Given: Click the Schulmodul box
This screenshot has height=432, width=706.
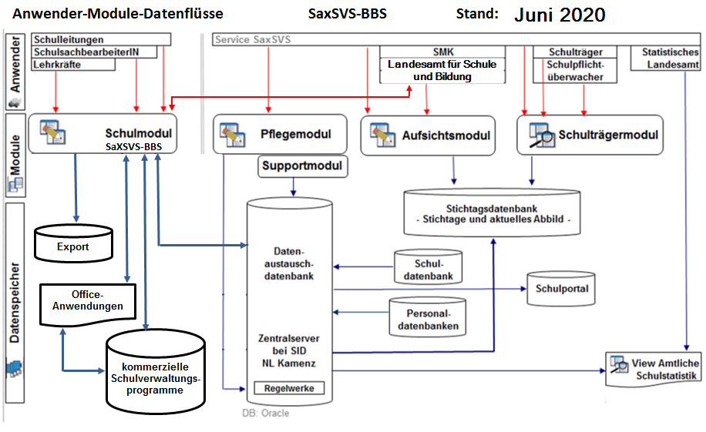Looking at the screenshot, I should click(x=101, y=133).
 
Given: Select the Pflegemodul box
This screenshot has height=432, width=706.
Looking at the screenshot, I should click(x=278, y=134).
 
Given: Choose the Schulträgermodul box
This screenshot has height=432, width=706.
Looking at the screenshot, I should click(x=590, y=135).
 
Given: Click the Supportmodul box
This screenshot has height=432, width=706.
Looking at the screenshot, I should click(x=301, y=166).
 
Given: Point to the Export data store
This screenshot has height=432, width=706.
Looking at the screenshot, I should click(x=73, y=244).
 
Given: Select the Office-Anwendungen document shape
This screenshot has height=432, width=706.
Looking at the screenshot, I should click(x=87, y=300).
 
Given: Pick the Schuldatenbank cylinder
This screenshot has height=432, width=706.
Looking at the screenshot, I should click(x=429, y=268).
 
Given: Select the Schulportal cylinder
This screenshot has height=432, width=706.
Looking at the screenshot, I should click(x=562, y=289).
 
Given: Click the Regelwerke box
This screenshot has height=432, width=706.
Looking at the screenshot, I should click(x=289, y=388).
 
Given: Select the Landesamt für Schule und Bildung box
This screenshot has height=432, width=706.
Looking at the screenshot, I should click(x=442, y=70).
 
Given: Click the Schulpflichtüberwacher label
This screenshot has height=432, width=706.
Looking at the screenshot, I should click(x=575, y=70).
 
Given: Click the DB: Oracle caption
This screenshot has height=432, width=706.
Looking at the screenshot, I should click(x=266, y=413).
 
